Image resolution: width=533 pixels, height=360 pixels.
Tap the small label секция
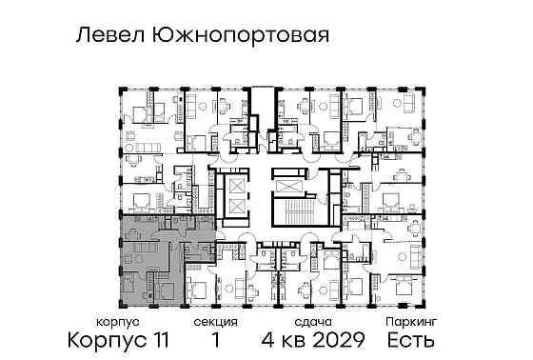pos(215,324)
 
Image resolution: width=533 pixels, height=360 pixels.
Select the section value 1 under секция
pos(215,340)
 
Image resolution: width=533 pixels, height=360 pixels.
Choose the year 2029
pos(336,340)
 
